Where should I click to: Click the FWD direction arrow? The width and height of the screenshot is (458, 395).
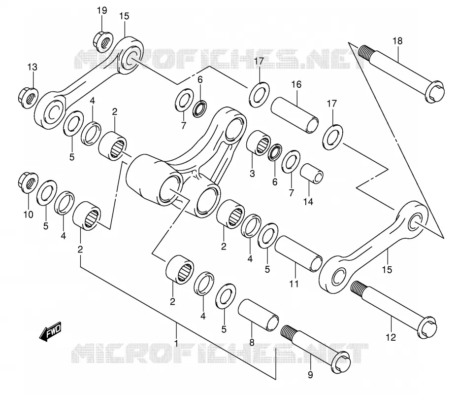[x=51, y=331]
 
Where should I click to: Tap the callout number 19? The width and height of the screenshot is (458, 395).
[x=102, y=11]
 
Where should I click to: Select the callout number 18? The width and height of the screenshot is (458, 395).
[x=397, y=41]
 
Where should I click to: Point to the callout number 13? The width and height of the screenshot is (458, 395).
[x=33, y=67]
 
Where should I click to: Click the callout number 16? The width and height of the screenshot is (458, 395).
[x=296, y=84]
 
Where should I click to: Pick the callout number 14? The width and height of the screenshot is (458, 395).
[x=308, y=202]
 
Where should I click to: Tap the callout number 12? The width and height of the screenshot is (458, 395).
[x=391, y=337]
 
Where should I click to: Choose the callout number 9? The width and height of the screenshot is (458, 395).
[x=310, y=374]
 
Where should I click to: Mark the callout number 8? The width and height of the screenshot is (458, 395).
[x=252, y=342]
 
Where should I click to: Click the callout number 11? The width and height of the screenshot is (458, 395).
[x=294, y=284]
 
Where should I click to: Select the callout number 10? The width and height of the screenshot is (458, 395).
[x=29, y=215]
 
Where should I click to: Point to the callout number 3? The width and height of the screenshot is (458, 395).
[x=252, y=174]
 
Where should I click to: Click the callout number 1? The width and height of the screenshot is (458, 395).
[x=176, y=343]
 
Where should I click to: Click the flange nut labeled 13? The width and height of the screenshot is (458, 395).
[x=28, y=98]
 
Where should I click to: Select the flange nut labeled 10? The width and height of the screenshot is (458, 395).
[x=28, y=183]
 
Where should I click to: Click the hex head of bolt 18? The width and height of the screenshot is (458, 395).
[x=435, y=91]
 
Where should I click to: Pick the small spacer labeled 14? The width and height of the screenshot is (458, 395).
[x=312, y=174]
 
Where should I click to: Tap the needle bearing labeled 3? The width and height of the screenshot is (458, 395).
[x=259, y=143]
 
